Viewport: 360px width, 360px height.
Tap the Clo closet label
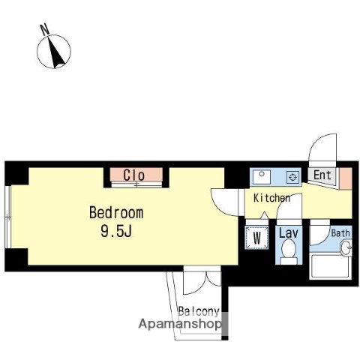(x=134, y=175)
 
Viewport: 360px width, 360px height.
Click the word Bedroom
(x=116, y=213)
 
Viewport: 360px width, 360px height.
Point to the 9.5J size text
(x=116, y=231)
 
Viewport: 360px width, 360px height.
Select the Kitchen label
(x=271, y=199)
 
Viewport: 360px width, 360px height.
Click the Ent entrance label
(x=322, y=176)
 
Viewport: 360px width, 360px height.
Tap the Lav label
(x=289, y=234)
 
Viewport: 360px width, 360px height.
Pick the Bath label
(x=340, y=233)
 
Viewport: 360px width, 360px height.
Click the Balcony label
(x=198, y=311)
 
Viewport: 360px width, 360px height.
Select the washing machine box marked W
(x=257, y=238)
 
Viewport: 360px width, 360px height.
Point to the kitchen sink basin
(x=262, y=176)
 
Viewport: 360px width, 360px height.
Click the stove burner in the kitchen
(x=292, y=177)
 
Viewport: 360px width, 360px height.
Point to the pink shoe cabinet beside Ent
(x=345, y=177)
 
